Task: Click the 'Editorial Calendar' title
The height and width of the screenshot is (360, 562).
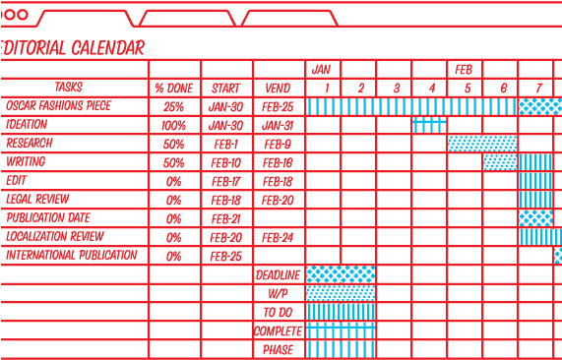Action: pyautogui.click(x=74, y=47)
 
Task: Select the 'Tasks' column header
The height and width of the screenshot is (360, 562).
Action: pyautogui.click(x=69, y=88)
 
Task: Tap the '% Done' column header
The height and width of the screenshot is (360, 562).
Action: pyautogui.click(x=174, y=88)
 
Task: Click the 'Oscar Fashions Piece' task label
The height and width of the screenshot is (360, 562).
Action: pyautogui.click(x=58, y=106)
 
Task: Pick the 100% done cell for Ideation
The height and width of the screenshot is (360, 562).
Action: pyautogui.click(x=174, y=125)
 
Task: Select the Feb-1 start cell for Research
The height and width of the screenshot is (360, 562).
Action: pyautogui.click(x=225, y=144)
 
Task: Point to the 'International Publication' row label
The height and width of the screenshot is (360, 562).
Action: pyautogui.click(x=72, y=256)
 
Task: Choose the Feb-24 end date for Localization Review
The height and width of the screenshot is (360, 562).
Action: pyautogui.click(x=279, y=237)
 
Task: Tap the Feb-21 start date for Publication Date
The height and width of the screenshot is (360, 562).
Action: pyautogui.click(x=225, y=218)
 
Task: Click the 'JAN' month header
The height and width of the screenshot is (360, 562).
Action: pyautogui.click(x=322, y=70)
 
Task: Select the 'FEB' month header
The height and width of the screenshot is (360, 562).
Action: pyautogui.click(x=465, y=70)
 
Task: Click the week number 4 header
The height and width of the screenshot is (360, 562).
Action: pyautogui.click(x=430, y=88)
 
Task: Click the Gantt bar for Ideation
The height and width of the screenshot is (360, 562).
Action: pyautogui.click(x=429, y=125)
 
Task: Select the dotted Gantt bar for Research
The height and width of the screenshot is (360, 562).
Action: pyautogui.click(x=482, y=144)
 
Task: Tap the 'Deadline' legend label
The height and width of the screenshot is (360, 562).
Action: pyautogui.click(x=278, y=274)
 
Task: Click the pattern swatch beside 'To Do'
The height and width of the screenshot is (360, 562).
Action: pyautogui.click(x=341, y=312)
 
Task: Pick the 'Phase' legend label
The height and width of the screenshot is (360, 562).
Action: pyautogui.click(x=278, y=349)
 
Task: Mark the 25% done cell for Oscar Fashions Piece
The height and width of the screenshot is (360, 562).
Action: pyautogui.click(x=174, y=106)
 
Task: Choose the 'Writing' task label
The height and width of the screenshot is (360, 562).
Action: pyautogui.click(x=27, y=162)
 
